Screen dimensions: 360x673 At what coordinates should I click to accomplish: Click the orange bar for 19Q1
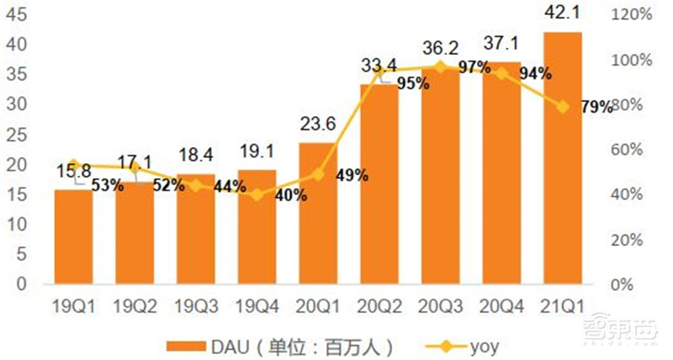tap(73, 237)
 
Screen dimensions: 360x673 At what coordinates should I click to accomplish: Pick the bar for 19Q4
tap(257, 227)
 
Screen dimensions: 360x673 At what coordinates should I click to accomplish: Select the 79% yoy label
tap(596, 107)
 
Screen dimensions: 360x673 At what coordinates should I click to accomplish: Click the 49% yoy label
tap(352, 176)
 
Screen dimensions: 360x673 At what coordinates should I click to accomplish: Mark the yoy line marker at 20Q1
tap(318, 175)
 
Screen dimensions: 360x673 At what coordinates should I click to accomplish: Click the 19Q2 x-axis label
tap(135, 306)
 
